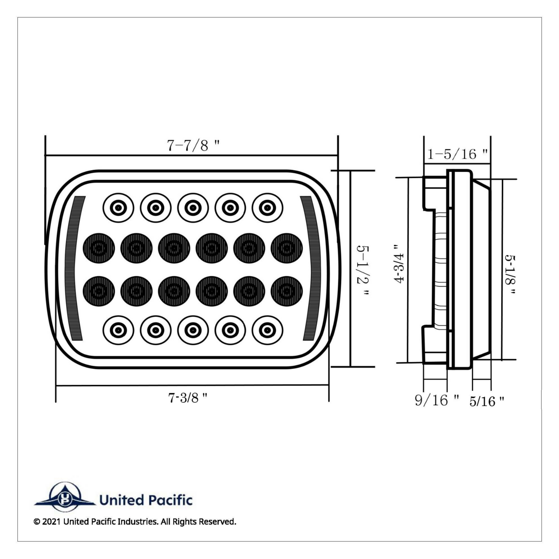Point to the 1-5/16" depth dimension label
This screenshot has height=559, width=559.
tap(458, 154)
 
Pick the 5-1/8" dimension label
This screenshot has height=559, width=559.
tap(511, 275)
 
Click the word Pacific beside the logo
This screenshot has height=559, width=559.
tap(170, 500)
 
